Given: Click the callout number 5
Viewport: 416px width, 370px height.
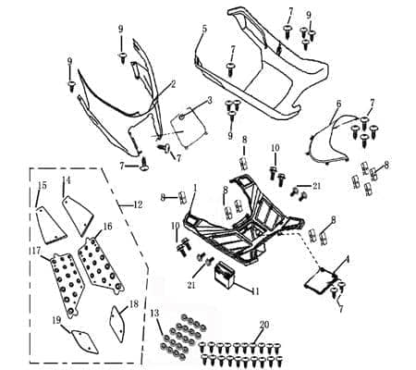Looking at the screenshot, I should (x=204, y=30).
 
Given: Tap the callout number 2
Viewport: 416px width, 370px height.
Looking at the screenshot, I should (x=172, y=84).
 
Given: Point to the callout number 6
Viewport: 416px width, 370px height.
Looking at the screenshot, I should (x=338, y=104).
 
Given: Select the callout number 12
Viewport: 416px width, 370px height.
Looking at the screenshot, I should (x=138, y=203).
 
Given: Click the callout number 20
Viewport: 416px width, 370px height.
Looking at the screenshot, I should (x=264, y=325).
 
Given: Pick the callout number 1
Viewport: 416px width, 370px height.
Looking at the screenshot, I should (x=194, y=188).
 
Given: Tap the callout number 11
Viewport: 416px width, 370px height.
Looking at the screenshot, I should (x=256, y=291).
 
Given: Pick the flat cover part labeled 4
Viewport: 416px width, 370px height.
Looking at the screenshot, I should (x=321, y=279).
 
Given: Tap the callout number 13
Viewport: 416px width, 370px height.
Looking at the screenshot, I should (x=156, y=314).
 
